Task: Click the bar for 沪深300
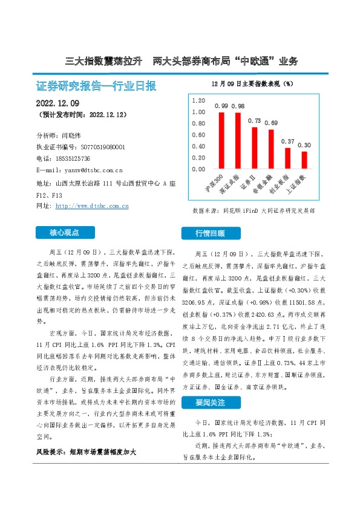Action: pos(221,140)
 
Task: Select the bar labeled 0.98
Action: pos(238,141)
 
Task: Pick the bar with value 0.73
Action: pos(255,148)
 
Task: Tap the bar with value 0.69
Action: pos(271,149)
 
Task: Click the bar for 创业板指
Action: pos(288,158)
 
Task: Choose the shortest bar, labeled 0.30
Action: pos(304,160)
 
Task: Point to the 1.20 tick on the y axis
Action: pos(197,100)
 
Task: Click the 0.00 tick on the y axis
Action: pos(197,169)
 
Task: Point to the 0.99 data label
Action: pos(221,106)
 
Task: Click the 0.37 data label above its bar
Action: pos(288,141)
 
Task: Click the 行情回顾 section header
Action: pos(211,233)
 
